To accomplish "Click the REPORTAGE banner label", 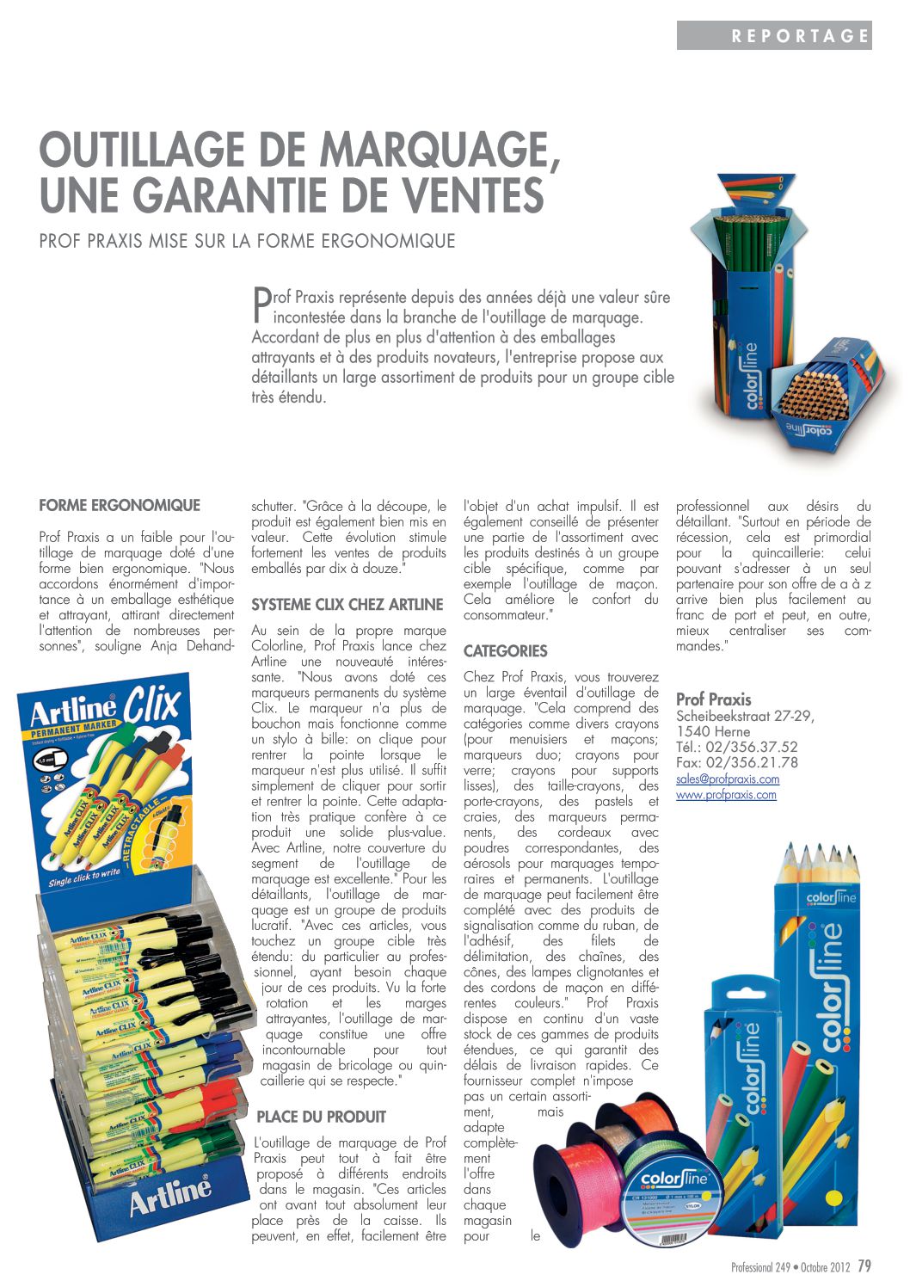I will coord(800,36).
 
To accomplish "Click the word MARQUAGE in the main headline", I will coord(440,151).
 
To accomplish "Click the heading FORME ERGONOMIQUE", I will coord(120,505).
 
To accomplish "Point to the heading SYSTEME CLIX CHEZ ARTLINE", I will coord(347,605).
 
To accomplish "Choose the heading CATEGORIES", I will coord(506,651).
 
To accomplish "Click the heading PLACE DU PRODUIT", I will coord(321,1117).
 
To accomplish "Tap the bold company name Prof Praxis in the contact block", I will coord(713,699).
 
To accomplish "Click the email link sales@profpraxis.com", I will coord(728,779).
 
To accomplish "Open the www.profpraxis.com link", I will coord(726,795).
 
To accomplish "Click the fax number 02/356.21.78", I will coord(752,762).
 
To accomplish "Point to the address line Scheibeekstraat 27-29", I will coord(745,716).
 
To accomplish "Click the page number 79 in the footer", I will coord(864,1266).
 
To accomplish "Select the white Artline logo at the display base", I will coord(169,1194).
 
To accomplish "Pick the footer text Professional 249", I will coord(760,1268).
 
